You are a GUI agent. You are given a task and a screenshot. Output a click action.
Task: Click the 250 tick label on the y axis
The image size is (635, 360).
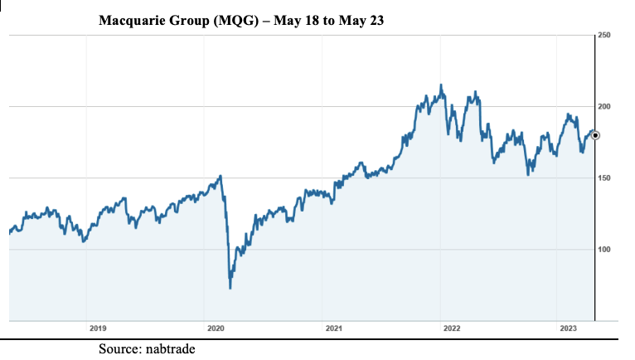click(x=603, y=35)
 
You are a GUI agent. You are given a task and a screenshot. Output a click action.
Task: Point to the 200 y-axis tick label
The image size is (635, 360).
click(x=603, y=107)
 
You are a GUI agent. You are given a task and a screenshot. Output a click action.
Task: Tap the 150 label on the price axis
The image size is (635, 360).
click(x=603, y=178)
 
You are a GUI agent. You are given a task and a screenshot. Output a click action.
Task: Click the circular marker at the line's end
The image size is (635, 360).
click(x=595, y=135)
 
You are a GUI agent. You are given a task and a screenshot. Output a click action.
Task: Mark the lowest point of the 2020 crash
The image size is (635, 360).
click(x=230, y=288)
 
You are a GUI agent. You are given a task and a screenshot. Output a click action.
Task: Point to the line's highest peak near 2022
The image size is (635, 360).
click(x=441, y=85)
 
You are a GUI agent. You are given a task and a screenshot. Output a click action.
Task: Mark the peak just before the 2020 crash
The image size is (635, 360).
click(x=221, y=176)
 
